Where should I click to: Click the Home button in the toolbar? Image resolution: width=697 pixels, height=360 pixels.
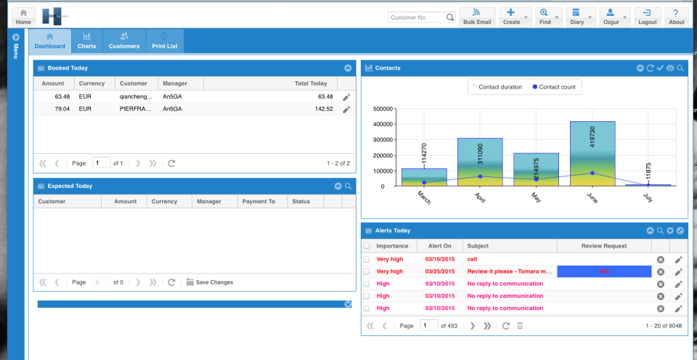click(23, 17)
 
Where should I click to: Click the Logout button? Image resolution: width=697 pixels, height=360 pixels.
click(647, 17)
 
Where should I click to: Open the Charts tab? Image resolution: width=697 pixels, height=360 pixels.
click(86, 41)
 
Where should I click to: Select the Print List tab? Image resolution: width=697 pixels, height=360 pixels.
click(164, 41)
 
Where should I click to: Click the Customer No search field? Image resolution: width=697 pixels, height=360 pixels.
click(417, 17)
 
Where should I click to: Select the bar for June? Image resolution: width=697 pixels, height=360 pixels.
click(592, 153)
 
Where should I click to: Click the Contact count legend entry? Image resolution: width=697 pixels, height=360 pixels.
click(555, 87)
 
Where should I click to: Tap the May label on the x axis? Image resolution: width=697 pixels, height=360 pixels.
click(537, 197)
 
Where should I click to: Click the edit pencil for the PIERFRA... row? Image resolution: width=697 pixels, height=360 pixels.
click(346, 109)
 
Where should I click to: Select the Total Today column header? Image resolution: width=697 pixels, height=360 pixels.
click(310, 83)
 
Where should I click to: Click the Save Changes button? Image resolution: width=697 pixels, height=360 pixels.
click(210, 282)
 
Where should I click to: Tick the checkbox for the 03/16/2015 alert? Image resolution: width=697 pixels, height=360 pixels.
click(367, 259)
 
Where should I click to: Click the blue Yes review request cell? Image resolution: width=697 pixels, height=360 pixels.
click(604, 271)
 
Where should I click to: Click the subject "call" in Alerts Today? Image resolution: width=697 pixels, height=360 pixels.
click(473, 259)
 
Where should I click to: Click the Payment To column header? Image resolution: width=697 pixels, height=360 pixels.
click(258, 201)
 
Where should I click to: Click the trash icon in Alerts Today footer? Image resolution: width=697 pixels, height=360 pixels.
click(519, 326)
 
